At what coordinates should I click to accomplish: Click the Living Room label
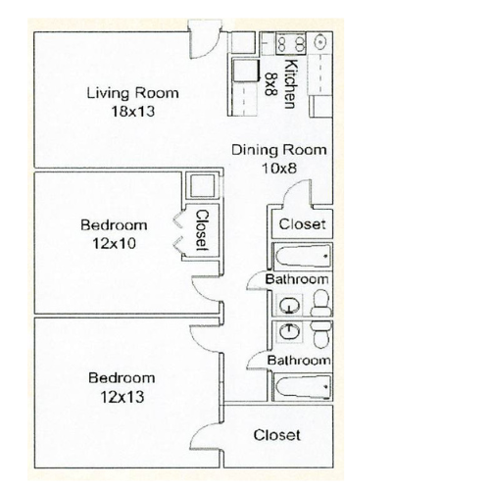[132, 93]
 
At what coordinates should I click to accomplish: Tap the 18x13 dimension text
[132, 112]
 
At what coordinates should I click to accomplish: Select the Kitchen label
[290, 83]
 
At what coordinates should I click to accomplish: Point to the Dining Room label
[279, 150]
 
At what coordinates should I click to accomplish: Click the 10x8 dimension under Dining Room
[279, 169]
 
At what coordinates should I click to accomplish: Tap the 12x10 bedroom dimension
[114, 244]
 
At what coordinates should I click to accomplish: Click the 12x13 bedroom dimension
[122, 397]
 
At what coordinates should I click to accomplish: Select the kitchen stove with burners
[290, 43]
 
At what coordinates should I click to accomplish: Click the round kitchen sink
[320, 42]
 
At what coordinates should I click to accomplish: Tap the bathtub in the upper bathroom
[303, 256]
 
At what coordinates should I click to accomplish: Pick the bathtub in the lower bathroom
[303, 386]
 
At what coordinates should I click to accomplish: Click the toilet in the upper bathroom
[320, 303]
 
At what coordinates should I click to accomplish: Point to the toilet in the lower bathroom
[320, 333]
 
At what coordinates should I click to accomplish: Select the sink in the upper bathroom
[289, 306]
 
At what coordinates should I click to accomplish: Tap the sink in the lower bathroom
[289, 331]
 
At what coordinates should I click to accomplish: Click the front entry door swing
[204, 40]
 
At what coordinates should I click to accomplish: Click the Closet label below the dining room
[302, 224]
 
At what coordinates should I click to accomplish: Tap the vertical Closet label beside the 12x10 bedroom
[202, 230]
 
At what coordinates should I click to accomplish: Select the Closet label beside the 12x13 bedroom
[276, 435]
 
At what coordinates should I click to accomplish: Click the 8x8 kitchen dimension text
[270, 84]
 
